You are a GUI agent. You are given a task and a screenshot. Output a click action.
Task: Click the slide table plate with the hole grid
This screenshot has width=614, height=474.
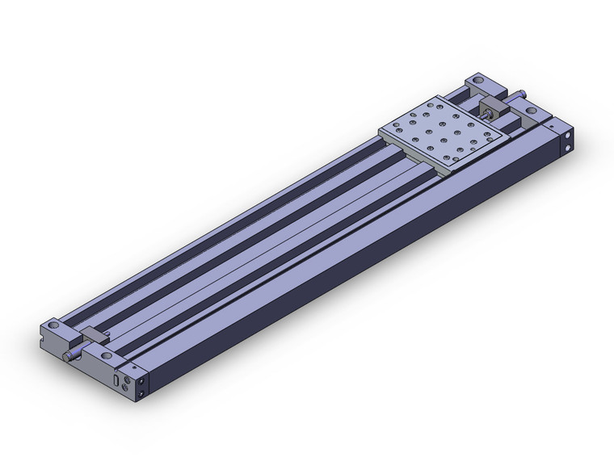pyautogui.click(x=444, y=132)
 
